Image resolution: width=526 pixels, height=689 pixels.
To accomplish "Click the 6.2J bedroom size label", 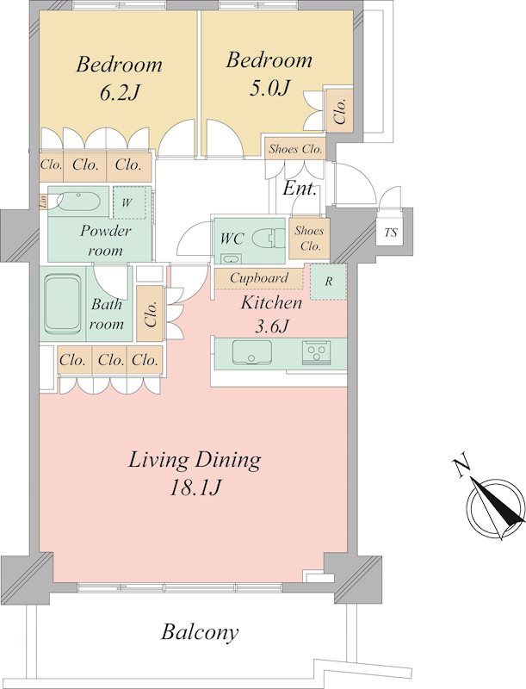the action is point(120,93).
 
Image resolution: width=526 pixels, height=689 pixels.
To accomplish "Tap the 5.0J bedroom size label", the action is point(269,89).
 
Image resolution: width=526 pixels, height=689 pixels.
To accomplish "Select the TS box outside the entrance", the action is point(390,232).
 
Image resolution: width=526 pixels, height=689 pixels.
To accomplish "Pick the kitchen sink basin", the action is point(251,352).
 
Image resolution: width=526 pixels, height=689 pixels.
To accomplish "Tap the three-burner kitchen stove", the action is point(316,351).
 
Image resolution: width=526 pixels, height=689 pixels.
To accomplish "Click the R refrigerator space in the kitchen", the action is point(328,282).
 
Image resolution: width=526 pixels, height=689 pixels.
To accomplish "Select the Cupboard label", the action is point(259,278).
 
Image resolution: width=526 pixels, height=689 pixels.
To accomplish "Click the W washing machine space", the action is point(129,202).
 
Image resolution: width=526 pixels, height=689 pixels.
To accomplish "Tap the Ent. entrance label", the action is point(300,189).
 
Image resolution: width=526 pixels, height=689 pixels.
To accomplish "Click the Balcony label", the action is point(201,633).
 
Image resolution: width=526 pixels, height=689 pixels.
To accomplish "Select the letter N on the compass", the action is point(461,468).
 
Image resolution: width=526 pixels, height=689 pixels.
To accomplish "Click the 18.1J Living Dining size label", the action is point(195,487).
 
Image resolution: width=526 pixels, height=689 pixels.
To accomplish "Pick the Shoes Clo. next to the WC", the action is point(309,239).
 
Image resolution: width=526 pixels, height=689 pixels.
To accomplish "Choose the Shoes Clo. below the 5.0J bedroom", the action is point(295,148).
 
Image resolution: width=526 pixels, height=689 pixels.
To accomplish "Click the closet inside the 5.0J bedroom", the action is point(339,110).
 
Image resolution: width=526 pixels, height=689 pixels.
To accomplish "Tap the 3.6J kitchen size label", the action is point(272,326).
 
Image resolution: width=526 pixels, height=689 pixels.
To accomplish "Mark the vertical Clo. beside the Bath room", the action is point(150,313).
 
